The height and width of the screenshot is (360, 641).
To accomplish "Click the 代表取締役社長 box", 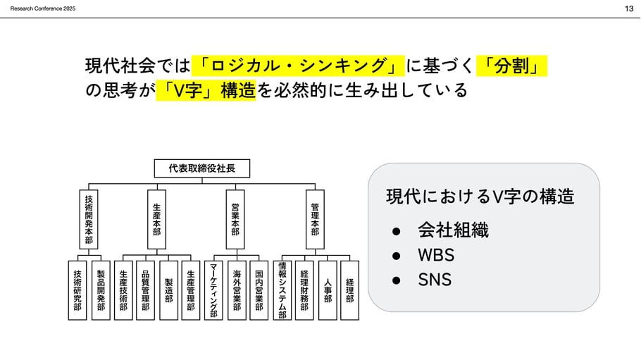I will (x=201, y=168).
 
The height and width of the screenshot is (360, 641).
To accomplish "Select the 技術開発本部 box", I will (x=89, y=219).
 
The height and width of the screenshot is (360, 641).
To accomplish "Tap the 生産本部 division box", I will (x=156, y=219).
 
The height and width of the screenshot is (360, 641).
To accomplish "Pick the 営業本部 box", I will (x=235, y=219).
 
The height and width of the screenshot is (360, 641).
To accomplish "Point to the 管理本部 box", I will (x=315, y=219).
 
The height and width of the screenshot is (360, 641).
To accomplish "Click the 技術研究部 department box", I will (x=77, y=290).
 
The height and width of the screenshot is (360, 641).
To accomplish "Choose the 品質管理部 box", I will (x=145, y=290).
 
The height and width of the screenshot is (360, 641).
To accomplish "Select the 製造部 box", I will (x=168, y=290).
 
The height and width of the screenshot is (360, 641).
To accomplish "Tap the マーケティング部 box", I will (x=214, y=290).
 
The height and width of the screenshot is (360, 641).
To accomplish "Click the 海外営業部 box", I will (x=237, y=290).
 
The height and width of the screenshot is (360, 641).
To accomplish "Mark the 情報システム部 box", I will (x=282, y=290).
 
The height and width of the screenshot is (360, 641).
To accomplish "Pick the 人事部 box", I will (x=328, y=290).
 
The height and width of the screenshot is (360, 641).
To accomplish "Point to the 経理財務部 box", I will (x=304, y=290).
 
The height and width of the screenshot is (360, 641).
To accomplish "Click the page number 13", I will (x=628, y=8).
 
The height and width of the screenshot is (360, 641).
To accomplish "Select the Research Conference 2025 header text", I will (x=43, y=8).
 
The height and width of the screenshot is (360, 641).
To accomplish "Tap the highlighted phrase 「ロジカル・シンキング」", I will (x=298, y=66).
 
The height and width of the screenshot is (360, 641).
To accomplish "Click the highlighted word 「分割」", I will (x=512, y=66).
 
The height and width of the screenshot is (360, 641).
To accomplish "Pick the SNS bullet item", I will (x=435, y=280).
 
